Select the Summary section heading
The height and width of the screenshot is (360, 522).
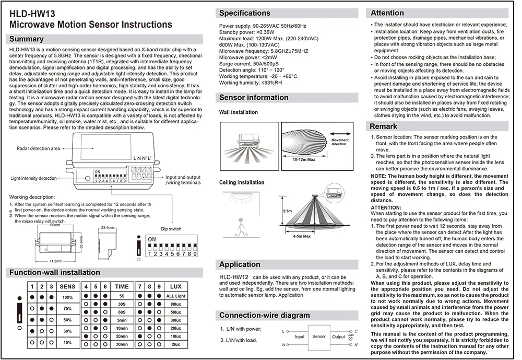(x=27, y=39)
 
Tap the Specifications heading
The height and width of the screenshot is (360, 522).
(x=244, y=13)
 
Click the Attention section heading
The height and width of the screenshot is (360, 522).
(x=387, y=13)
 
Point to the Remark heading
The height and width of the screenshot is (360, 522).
(x=384, y=126)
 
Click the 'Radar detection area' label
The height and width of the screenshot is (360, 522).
(x=39, y=148)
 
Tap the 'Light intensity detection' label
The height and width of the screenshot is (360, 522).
(x=34, y=179)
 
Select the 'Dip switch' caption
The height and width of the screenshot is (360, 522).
(x=171, y=229)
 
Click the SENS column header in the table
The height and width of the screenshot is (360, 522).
(x=67, y=286)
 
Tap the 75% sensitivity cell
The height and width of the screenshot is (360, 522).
(x=67, y=308)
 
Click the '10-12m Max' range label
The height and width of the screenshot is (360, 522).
(x=304, y=159)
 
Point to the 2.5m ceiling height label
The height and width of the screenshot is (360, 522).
(x=287, y=211)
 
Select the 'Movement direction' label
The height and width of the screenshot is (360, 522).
(x=340, y=142)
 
